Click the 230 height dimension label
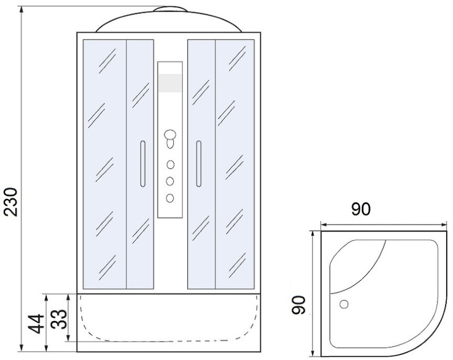[11, 202]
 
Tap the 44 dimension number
[36, 324]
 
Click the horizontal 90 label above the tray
[361, 209]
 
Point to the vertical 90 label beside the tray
[298, 305]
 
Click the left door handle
[143, 164]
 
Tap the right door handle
[199, 164]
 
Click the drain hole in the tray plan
[344, 304]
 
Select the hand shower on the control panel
[170, 139]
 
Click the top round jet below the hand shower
[170, 165]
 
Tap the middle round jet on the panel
[170, 182]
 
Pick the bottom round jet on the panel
[170, 198]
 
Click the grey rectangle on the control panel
[170, 83]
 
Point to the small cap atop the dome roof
[170, 9]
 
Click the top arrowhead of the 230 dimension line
[21, 8]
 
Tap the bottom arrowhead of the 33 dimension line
[68, 338]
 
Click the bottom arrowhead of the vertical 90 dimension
[312, 353]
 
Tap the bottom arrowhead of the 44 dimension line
[46, 348]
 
